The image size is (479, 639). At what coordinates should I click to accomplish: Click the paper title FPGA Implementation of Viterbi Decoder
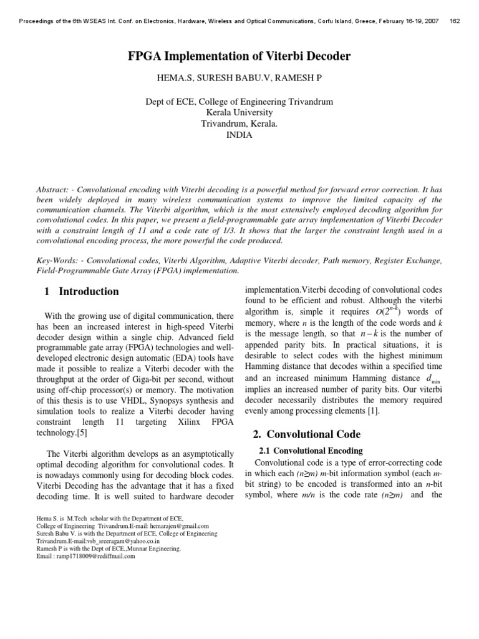point(239,57)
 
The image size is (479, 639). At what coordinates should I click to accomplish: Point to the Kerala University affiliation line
point(239,112)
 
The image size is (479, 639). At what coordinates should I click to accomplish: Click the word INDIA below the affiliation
point(239,135)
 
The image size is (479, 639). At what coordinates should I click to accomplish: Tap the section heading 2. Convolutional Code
point(307,434)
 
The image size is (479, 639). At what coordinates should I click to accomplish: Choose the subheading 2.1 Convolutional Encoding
point(310,451)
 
